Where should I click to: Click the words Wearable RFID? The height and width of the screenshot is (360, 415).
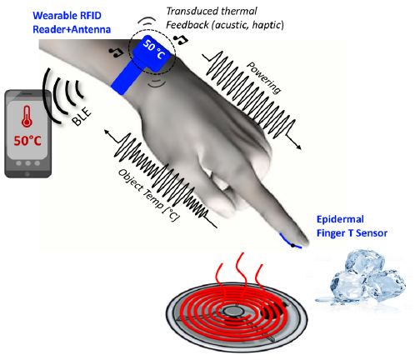pos(67,16)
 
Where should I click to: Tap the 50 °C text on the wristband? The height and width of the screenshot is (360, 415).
pos(154,49)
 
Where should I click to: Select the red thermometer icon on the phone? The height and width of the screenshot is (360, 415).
pos(27,117)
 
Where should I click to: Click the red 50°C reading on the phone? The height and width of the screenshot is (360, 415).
pos(27,141)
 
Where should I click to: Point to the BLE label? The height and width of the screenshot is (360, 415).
pos(81,116)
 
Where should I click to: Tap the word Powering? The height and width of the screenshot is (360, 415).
pos(264,77)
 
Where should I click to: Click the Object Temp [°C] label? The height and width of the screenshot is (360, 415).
pos(149,196)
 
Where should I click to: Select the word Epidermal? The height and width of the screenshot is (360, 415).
pos(340,220)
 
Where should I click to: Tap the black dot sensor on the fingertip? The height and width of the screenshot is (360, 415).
pos(292,245)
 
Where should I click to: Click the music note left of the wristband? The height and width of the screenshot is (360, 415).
pos(116,52)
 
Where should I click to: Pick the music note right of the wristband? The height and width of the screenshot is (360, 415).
pos(181,39)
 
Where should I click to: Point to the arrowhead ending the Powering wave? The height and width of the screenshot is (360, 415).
pos(298,147)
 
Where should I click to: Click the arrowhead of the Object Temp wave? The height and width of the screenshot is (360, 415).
pos(107,132)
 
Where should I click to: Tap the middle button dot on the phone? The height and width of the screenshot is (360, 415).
pos(27,163)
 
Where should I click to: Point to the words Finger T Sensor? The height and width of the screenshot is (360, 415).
pos(352,232)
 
